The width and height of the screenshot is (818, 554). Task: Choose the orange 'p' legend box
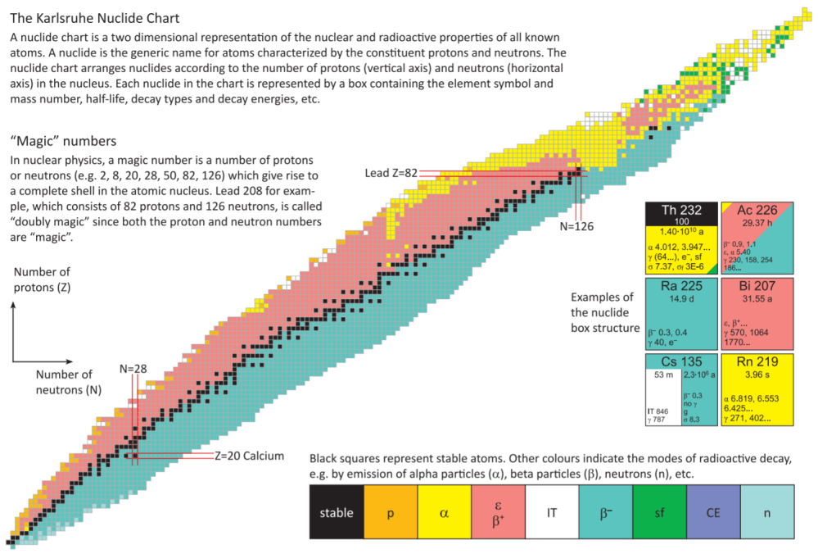tap(390, 513)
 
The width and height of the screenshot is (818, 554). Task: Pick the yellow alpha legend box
tap(444, 513)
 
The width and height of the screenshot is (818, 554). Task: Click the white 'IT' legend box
tap(551, 513)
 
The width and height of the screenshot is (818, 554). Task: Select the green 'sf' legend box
tap(659, 513)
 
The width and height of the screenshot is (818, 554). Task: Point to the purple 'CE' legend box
tap(713, 513)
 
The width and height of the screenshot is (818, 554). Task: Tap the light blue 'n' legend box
tap(766, 513)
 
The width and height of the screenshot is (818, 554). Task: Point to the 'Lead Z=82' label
tap(391, 173)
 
